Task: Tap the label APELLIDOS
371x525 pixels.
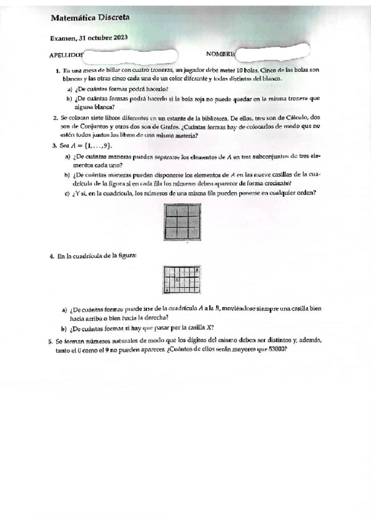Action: click(x=66, y=55)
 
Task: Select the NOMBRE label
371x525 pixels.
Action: click(x=220, y=54)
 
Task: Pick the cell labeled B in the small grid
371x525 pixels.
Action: click(x=197, y=270)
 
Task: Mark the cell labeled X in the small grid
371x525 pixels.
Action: click(x=177, y=280)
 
